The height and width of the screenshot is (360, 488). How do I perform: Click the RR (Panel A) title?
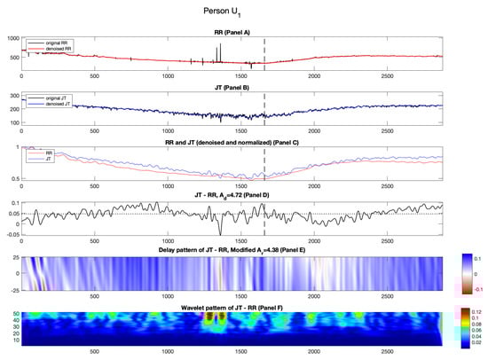click(232, 33)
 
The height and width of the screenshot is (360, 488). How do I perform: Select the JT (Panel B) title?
click(232, 87)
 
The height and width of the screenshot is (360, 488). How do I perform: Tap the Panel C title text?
click(232, 140)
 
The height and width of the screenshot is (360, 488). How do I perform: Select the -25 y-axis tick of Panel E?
click(15, 290)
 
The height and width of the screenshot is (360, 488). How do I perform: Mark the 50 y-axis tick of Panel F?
click(16, 313)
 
